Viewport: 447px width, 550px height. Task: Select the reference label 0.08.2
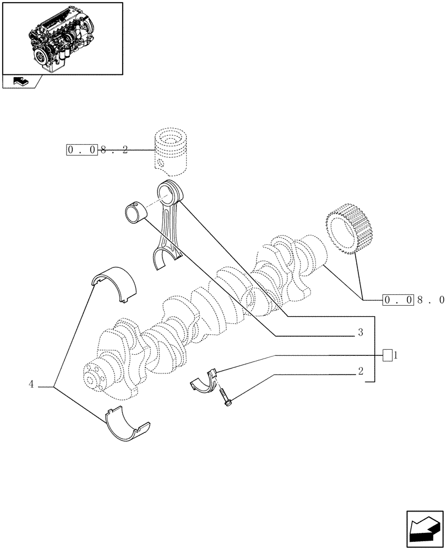(x=97, y=150)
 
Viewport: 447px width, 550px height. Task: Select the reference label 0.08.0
(x=413, y=300)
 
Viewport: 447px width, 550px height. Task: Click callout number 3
(x=359, y=333)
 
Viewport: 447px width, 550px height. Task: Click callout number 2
(x=360, y=371)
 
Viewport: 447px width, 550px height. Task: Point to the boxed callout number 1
(x=389, y=355)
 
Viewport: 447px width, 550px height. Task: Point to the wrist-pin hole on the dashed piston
(x=160, y=163)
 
